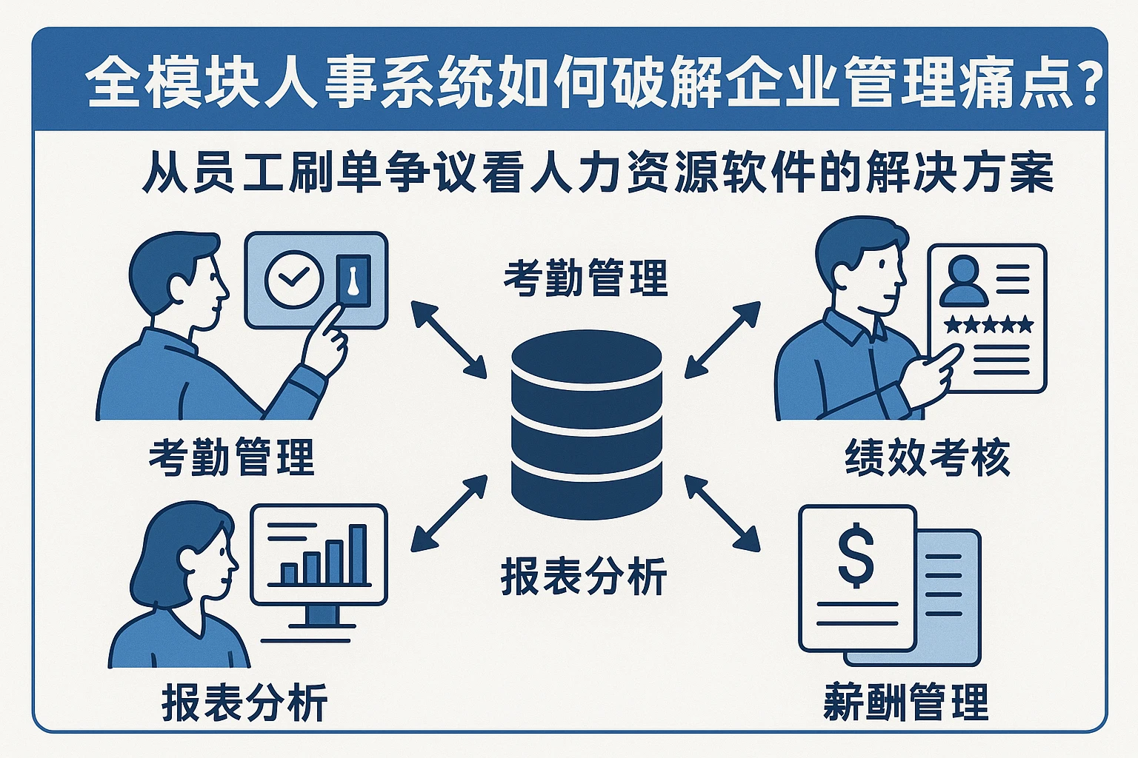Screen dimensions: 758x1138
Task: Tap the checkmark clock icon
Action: click(x=294, y=278)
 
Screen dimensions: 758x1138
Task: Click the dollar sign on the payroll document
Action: click(x=856, y=554)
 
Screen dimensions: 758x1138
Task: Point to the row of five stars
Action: click(x=988, y=324)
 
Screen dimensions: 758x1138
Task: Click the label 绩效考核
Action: click(x=928, y=457)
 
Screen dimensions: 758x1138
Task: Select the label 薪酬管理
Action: click(x=905, y=702)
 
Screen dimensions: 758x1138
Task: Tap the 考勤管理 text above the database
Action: click(x=585, y=278)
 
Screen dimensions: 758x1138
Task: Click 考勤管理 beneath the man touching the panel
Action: click(x=232, y=457)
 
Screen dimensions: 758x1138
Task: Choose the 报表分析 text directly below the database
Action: click(x=584, y=577)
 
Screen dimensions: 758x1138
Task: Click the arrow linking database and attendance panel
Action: click(x=448, y=339)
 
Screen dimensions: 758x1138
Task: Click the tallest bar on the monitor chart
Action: click(x=358, y=554)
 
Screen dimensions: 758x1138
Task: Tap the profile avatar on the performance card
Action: click(x=963, y=281)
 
